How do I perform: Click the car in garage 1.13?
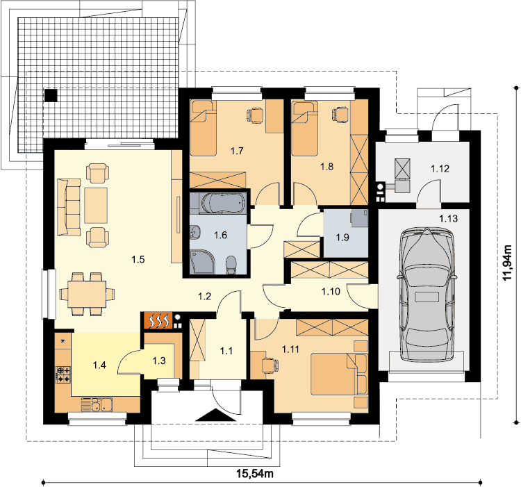tap(427, 295)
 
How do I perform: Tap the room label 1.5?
tap(138, 259)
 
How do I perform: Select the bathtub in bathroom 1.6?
tap(224, 203)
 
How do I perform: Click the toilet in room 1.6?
tap(231, 265)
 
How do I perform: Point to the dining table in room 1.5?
tap(87, 295)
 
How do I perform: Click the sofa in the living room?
tap(69, 207)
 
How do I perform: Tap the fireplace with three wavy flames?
tap(158, 321)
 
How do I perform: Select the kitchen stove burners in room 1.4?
tap(63, 374)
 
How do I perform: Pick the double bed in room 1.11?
tap(339, 374)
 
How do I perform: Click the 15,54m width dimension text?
tap(255, 473)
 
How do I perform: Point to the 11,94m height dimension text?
tap(507, 263)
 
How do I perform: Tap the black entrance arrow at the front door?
tap(215, 415)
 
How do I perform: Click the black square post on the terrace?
tap(51, 95)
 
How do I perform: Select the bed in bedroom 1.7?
tap(203, 128)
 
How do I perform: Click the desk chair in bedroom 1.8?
tap(340, 115)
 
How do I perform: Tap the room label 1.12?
tap(440, 169)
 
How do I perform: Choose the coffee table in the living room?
tap(96, 206)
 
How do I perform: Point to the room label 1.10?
tap(331, 292)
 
